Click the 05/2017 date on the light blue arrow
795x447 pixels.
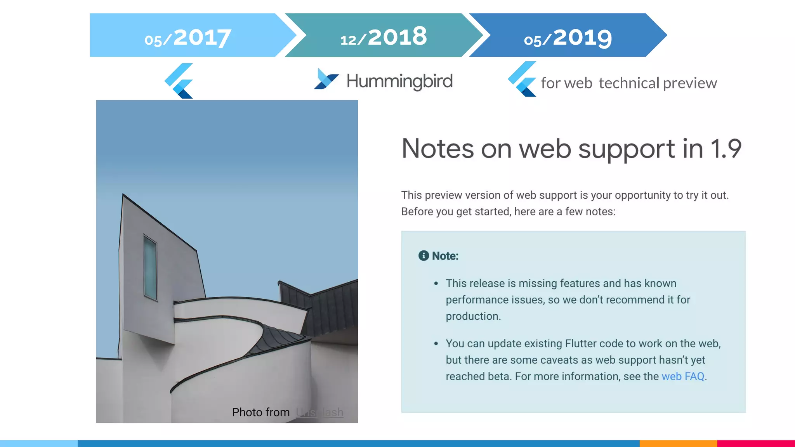pyautogui.click(x=188, y=38)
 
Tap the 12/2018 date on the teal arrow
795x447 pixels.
pyautogui.click(x=384, y=37)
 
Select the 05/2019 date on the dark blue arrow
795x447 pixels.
pyautogui.click(x=568, y=38)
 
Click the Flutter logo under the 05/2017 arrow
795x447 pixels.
pyautogui.click(x=179, y=81)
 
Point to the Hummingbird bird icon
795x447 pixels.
pyautogui.click(x=326, y=79)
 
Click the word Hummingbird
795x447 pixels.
pyautogui.click(x=399, y=81)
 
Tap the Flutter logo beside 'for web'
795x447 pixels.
pyautogui.click(x=522, y=79)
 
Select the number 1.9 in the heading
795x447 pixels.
pyautogui.click(x=726, y=149)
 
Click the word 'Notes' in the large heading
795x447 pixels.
pyautogui.click(x=437, y=149)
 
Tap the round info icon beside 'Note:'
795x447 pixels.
pyautogui.click(x=424, y=256)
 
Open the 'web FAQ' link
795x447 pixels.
pyautogui.click(x=683, y=376)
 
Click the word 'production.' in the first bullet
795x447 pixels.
pyautogui.click(x=473, y=316)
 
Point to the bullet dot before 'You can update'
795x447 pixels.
pyautogui.click(x=436, y=343)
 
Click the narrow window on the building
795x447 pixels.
pyautogui.click(x=150, y=267)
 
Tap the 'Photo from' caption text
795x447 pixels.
pyautogui.click(x=261, y=412)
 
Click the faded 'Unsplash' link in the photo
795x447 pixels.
pyautogui.click(x=319, y=412)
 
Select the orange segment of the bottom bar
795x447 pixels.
pyautogui.click(x=678, y=444)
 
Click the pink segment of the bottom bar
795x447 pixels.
pyautogui.click(x=756, y=444)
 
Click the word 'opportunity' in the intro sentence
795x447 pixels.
pyautogui.click(x=642, y=195)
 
